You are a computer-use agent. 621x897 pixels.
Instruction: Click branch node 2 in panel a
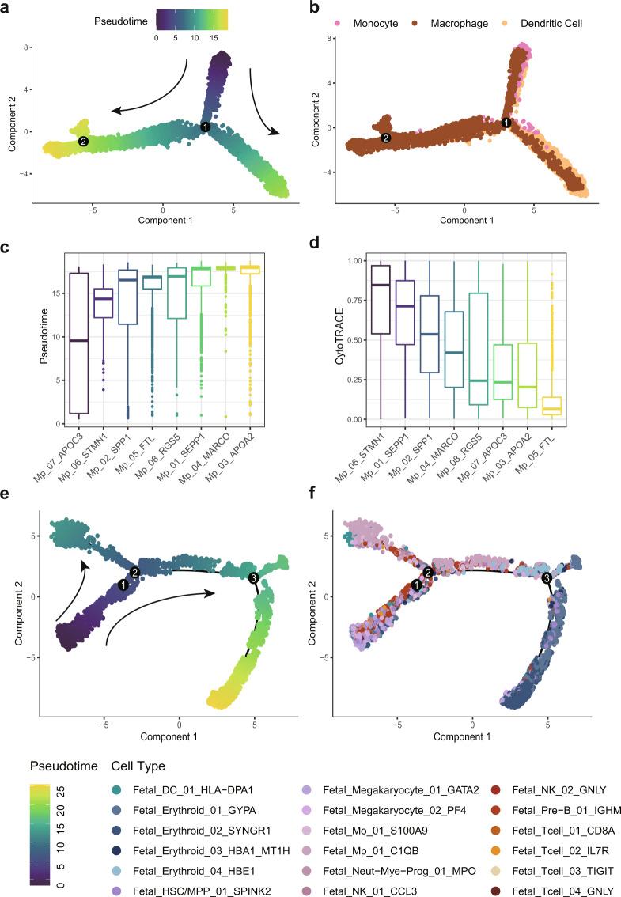[x=82, y=141]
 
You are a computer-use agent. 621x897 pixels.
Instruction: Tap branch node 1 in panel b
[x=506, y=123]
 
